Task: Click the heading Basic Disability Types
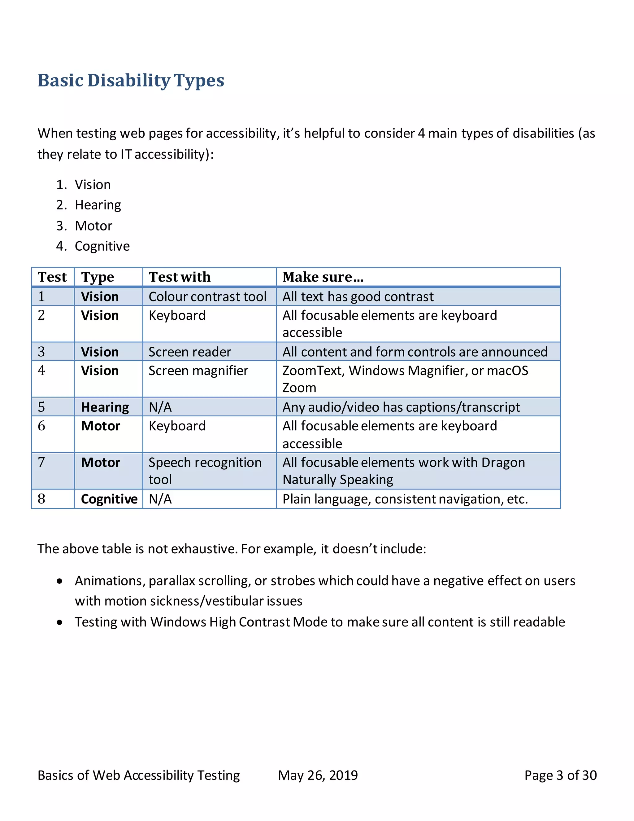[131, 81]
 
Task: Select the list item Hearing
[98, 205]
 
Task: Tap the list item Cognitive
[102, 246]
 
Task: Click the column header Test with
[180, 277]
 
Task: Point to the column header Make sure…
[323, 277]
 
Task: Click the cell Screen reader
[190, 352]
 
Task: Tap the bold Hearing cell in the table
[105, 407]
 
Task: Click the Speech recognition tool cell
[205, 471]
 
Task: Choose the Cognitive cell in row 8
[109, 499]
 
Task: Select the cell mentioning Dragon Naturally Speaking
[403, 471]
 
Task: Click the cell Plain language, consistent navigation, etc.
[405, 499]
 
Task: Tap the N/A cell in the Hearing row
[160, 407]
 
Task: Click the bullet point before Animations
[60, 582]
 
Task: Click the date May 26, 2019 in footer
[318, 775]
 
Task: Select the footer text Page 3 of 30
[560, 775]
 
